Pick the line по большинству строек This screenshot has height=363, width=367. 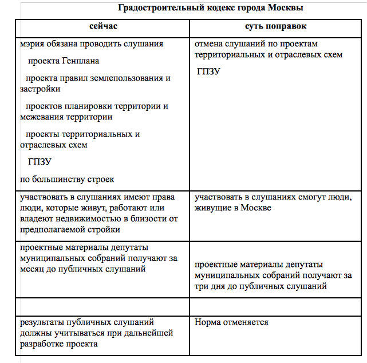coord(67,179)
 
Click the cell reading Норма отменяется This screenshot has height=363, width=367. coord(231,322)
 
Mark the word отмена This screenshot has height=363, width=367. coord(209,43)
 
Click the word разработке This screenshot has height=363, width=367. coord(44,344)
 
